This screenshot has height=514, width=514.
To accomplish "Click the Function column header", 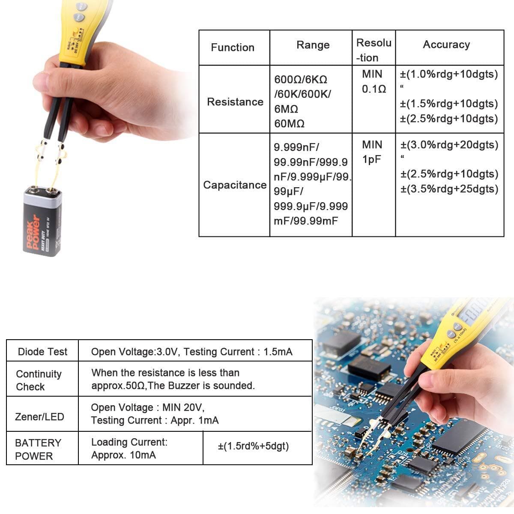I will click(x=233, y=48).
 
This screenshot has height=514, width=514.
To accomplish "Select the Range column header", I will click(x=313, y=45).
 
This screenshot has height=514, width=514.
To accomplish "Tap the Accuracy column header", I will click(x=446, y=45).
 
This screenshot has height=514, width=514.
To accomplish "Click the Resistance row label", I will click(x=235, y=102).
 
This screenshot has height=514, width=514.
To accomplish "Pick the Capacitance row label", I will click(x=235, y=185).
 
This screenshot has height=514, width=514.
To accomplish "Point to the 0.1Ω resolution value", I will click(x=374, y=89).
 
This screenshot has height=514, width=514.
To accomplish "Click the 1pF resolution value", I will click(x=371, y=159).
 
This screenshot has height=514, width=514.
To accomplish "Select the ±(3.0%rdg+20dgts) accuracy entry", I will click(x=449, y=145).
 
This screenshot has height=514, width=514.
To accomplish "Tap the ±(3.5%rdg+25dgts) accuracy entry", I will click(x=449, y=189).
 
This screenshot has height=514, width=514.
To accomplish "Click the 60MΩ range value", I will click(x=289, y=124).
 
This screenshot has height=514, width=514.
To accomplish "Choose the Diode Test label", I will click(x=42, y=352).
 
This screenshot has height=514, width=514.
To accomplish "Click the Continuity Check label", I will click(x=39, y=380).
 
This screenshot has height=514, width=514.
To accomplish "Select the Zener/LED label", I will click(x=39, y=416).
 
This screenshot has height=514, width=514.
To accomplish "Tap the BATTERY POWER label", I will click(x=38, y=449).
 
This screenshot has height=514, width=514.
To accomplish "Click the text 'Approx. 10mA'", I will click(x=123, y=455).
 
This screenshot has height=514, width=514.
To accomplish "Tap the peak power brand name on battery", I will click(x=33, y=231).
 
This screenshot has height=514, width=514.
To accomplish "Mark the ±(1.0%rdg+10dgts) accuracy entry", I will click(x=449, y=74).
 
